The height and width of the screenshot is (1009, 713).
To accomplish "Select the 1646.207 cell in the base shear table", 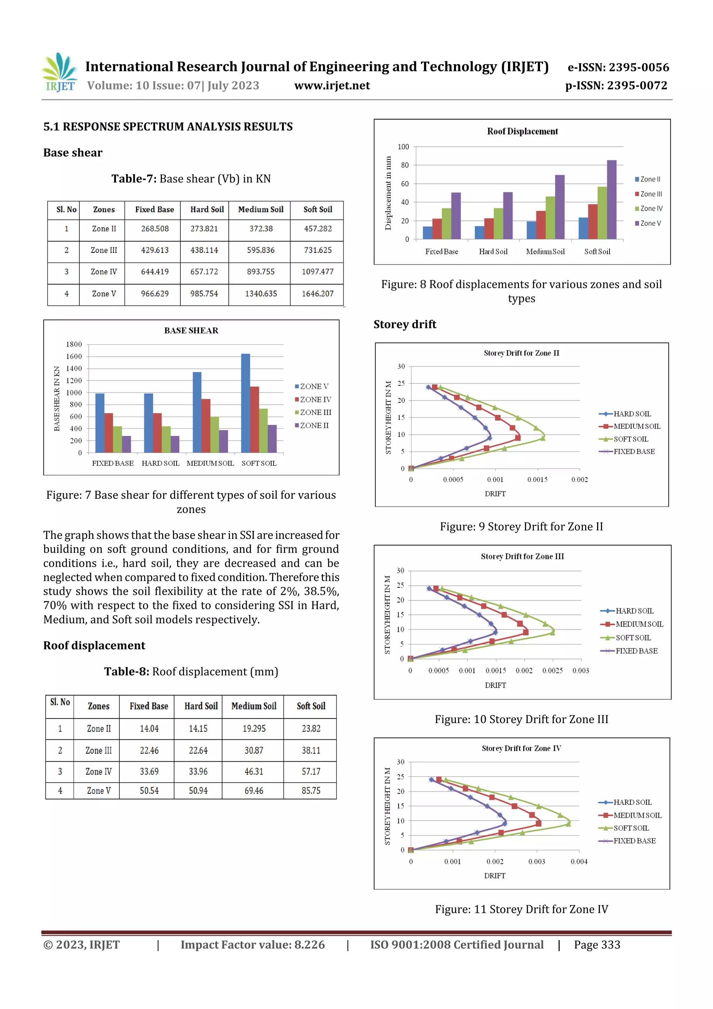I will click(x=317, y=294).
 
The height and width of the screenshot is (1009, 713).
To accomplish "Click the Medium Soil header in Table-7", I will click(x=260, y=210).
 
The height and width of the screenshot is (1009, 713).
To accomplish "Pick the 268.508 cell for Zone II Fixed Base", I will click(x=155, y=228).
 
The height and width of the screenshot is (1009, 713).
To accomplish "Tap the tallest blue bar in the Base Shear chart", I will click(x=245, y=403).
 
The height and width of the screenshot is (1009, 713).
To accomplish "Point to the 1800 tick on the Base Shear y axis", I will click(x=74, y=344).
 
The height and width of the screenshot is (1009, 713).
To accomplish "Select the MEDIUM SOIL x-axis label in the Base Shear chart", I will click(x=210, y=463).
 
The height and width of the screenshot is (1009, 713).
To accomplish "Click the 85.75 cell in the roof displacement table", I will click(x=311, y=791).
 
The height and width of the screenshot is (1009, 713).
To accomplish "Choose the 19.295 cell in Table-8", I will click(x=254, y=729).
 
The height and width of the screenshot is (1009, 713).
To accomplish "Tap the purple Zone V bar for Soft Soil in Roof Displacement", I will click(x=612, y=200).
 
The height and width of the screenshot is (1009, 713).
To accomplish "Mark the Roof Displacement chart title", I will click(x=522, y=131).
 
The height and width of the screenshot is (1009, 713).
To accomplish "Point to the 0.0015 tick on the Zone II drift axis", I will click(x=537, y=480).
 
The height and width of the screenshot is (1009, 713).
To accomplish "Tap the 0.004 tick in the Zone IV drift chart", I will click(x=579, y=861).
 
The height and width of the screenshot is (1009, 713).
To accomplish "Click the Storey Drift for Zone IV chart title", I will click(x=521, y=748).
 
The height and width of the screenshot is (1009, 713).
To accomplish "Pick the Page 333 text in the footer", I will click(x=597, y=945).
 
